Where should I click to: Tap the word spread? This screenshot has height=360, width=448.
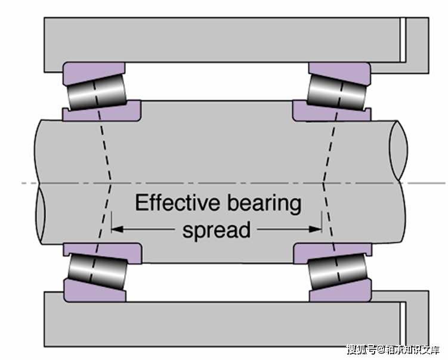[217, 229]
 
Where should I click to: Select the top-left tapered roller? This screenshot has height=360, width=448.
[95, 92]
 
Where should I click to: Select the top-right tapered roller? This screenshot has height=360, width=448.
[338, 91]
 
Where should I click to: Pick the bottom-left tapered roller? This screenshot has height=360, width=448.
[96, 271]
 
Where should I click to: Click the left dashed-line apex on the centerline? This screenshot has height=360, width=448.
[112, 181]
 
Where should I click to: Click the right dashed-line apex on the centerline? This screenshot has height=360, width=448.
[323, 181]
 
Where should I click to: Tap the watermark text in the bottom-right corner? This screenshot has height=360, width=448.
[394, 349]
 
